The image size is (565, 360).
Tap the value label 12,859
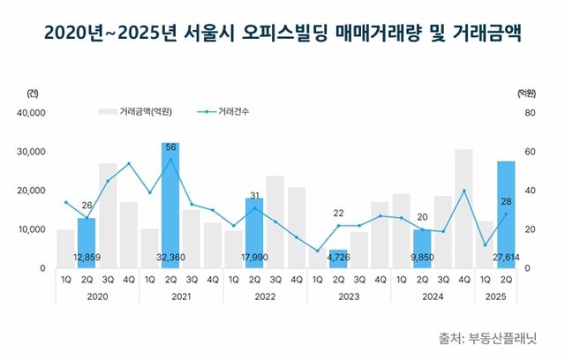[87, 258]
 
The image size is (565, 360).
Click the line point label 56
[171, 146]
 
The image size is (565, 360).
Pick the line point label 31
[254, 196]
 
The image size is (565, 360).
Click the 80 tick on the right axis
[529, 113]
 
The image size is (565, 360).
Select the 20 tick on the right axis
[529, 229]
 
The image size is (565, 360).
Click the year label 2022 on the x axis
[254, 296]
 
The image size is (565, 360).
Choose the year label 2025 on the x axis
[495, 296]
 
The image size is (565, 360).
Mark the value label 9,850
[422, 258]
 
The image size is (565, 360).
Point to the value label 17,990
[254, 258]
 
